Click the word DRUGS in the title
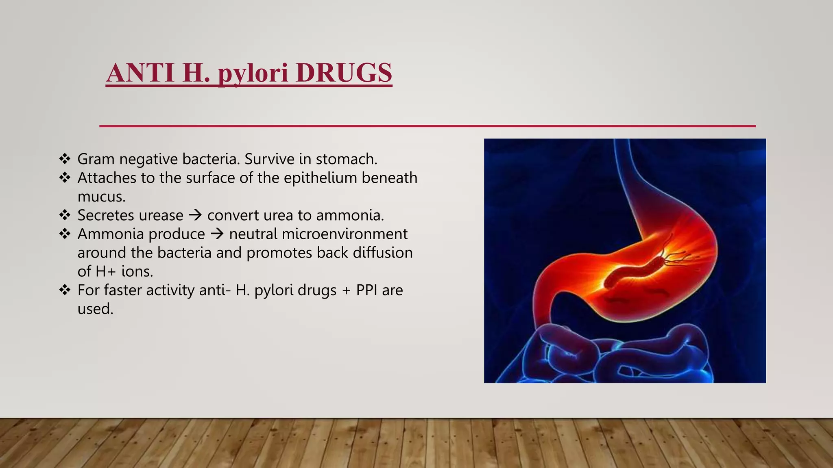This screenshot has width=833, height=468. coord(344,73)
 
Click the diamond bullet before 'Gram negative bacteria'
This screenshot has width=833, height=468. coord(65,158)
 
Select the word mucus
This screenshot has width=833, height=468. coord(101,197)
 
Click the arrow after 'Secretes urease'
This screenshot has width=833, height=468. coord(196,215)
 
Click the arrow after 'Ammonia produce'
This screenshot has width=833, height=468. coord(217,234)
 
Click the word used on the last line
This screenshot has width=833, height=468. coord(95,309)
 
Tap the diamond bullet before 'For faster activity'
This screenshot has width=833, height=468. coord(65,290)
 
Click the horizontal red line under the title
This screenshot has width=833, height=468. coord(427,126)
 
